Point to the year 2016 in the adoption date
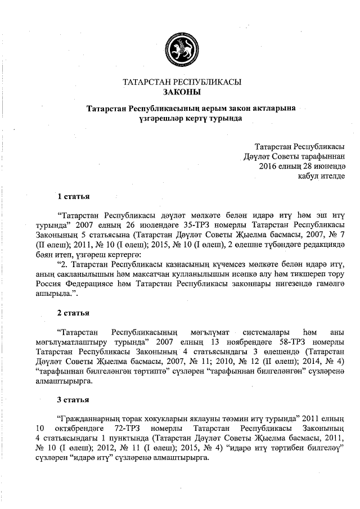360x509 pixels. click(x=269, y=166)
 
